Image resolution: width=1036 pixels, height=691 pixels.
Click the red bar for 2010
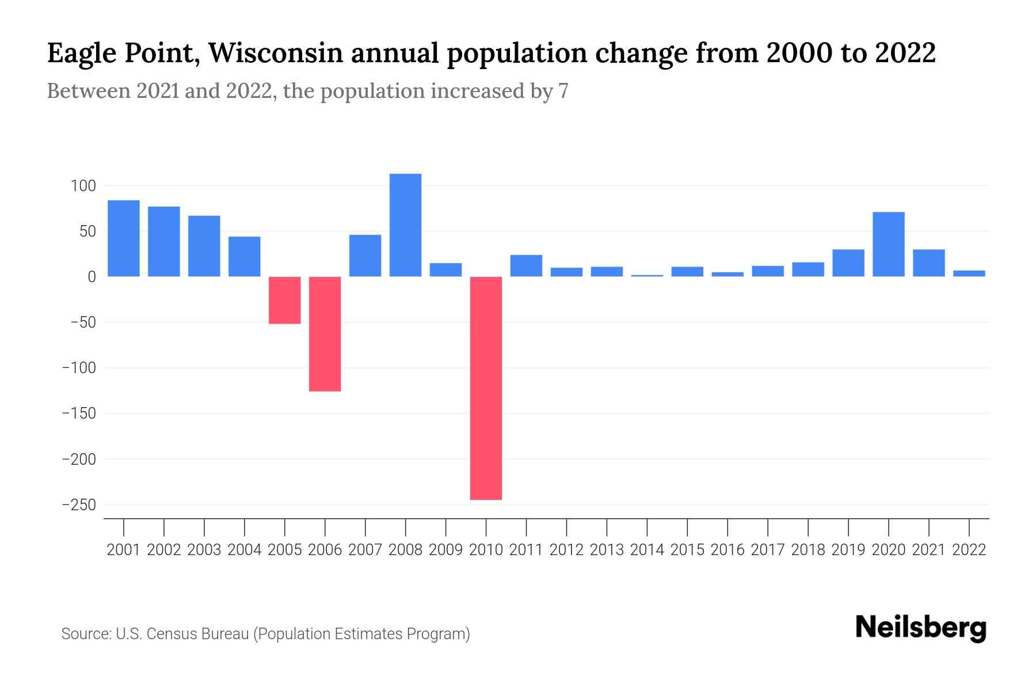tap(486, 388)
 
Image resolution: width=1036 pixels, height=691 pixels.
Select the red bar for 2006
tap(325, 334)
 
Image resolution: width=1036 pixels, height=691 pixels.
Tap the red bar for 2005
tap(284, 300)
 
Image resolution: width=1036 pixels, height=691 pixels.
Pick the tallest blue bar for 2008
tap(405, 225)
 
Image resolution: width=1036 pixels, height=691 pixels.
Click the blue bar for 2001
tap(124, 238)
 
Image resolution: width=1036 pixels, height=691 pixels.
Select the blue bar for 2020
tap(888, 244)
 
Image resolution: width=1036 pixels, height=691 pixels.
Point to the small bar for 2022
tap(969, 274)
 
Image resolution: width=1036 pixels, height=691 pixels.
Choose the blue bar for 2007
tap(365, 256)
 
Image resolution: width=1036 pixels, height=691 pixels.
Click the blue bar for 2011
tap(526, 265)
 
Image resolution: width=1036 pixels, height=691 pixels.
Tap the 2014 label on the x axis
tap(647, 550)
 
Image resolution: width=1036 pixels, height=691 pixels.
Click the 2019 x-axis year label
tap(848, 550)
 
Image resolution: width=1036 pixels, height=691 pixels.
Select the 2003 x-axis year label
tap(204, 550)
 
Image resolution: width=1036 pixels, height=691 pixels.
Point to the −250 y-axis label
tap(79, 504)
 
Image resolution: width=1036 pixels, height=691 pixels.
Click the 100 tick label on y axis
tap(83, 186)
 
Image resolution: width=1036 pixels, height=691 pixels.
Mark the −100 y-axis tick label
tap(79, 367)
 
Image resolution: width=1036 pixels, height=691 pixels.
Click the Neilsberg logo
tap(920, 628)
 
